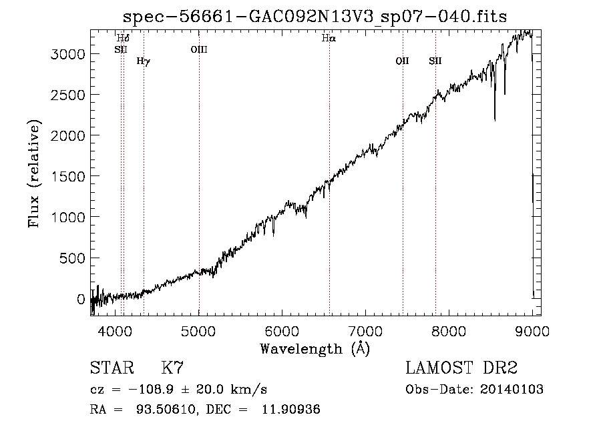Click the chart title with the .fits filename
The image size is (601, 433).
(x=315, y=17)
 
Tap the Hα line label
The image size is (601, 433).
(x=329, y=38)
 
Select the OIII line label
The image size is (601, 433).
(x=199, y=49)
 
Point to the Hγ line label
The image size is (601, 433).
(x=144, y=61)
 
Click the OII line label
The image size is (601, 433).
(x=403, y=61)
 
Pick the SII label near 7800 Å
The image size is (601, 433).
(x=435, y=61)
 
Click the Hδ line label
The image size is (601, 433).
(x=123, y=38)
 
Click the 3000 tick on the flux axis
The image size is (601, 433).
(x=67, y=54)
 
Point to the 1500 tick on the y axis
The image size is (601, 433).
(x=67, y=177)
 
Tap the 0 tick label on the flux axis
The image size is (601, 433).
(x=81, y=299)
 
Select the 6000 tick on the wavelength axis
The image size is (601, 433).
(x=282, y=331)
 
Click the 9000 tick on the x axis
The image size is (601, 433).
(x=532, y=331)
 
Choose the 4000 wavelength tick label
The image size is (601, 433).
(x=116, y=331)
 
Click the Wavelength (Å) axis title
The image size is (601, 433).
(x=315, y=349)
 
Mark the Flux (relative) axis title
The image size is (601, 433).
(x=35, y=173)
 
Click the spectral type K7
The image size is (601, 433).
(x=172, y=368)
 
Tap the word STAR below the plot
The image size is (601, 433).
(x=112, y=368)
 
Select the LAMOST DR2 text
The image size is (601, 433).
(x=461, y=368)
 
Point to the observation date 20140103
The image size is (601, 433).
(x=512, y=390)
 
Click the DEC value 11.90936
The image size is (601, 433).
(x=291, y=410)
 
